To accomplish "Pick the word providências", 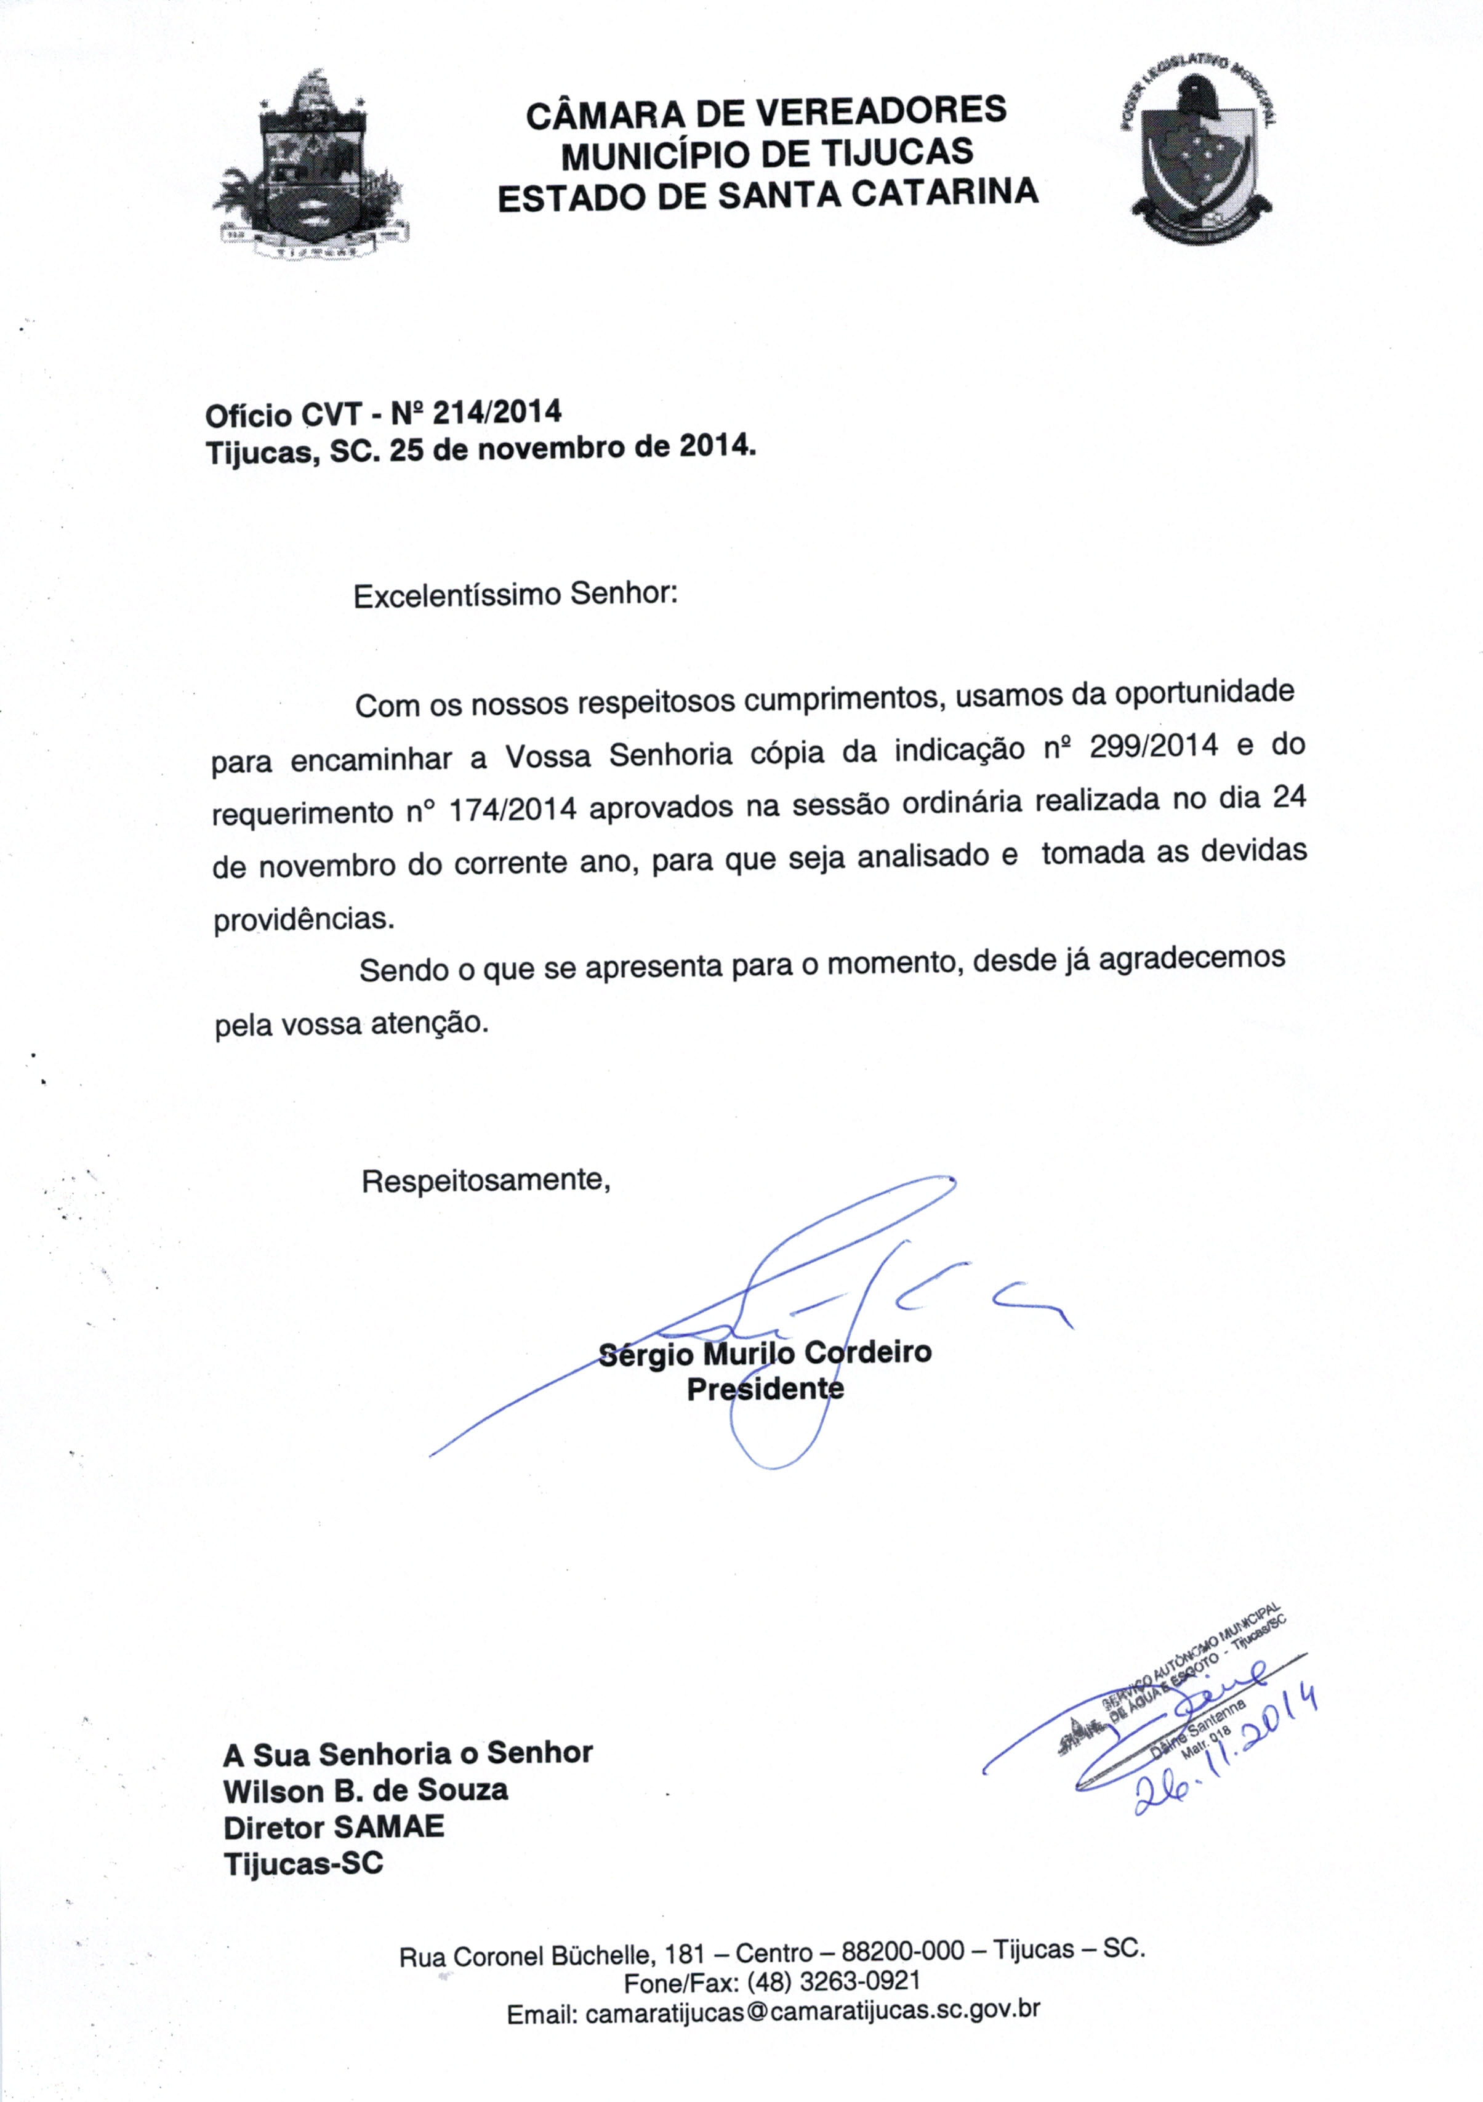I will pos(303,920).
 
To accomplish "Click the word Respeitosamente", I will pos(485,1180).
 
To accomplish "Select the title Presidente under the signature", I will pos(765,1390).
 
